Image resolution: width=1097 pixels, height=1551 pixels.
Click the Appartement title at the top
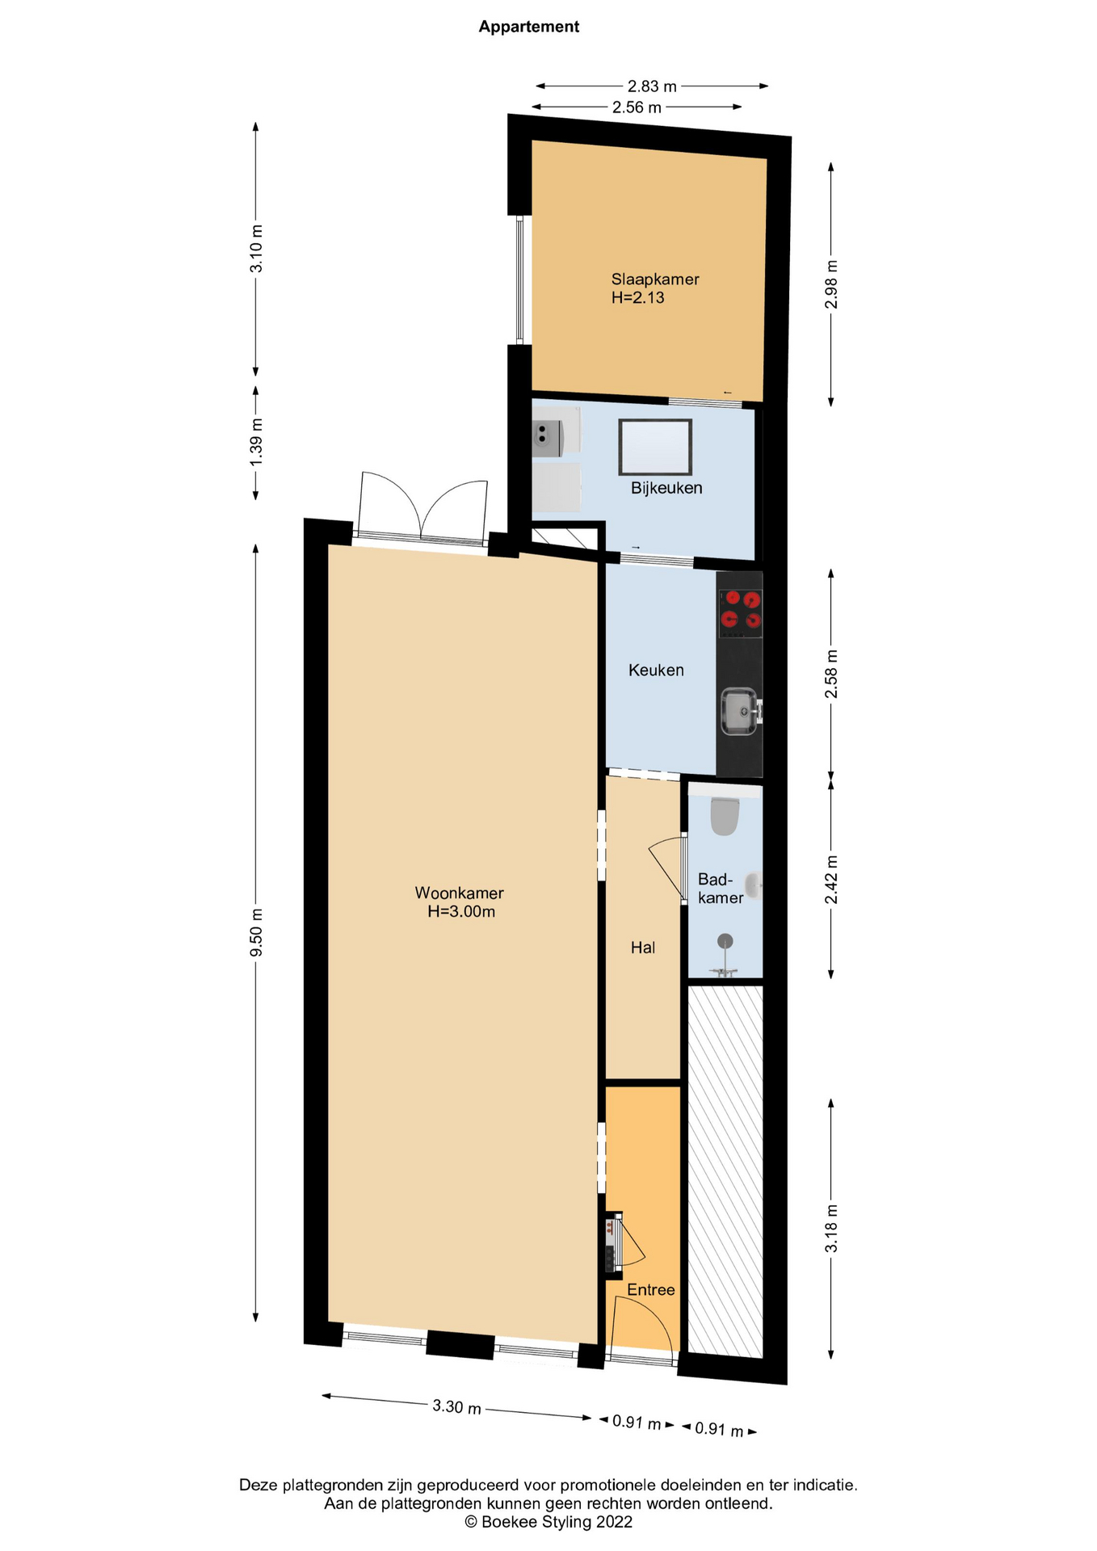[x=528, y=27]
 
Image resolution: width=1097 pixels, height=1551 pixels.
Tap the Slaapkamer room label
[x=655, y=280]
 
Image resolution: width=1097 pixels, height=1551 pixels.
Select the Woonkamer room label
[x=459, y=893]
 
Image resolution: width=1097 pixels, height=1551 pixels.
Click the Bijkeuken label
[x=666, y=488]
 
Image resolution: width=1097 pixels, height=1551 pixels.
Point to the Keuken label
[x=656, y=670]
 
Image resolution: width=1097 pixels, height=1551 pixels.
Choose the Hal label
[x=643, y=948]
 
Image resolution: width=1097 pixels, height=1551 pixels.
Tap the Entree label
[x=651, y=1290]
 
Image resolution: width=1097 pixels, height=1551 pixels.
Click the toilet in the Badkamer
[x=725, y=814]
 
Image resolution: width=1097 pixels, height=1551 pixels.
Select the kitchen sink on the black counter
[x=739, y=712]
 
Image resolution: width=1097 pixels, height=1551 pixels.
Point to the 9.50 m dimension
[x=256, y=931]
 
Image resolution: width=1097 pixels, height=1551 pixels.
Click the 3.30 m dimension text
[x=456, y=1406]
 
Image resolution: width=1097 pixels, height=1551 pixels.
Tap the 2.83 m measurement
[x=652, y=86]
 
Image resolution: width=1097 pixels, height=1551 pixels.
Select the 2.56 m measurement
[x=637, y=107]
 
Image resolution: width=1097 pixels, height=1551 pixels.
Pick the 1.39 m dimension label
[x=256, y=441]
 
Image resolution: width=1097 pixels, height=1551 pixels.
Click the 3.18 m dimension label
[x=831, y=1228]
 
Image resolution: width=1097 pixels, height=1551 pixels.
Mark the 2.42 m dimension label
[x=831, y=880]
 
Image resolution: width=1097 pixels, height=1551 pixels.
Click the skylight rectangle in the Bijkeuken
[x=655, y=447]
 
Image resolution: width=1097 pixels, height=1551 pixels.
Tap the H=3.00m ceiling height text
[x=461, y=912]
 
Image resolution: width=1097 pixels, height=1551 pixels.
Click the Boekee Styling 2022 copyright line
[x=548, y=1523]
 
